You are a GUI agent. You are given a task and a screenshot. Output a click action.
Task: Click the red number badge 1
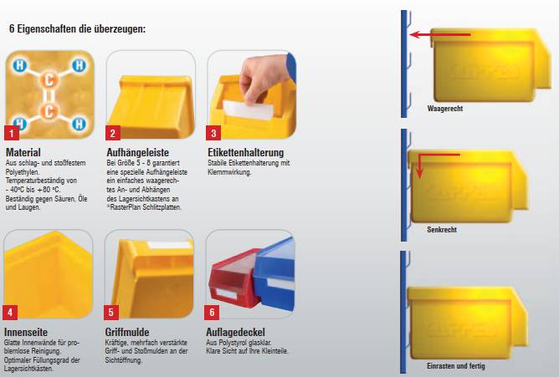click(12, 133)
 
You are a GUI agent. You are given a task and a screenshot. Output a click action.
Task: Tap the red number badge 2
click(113, 133)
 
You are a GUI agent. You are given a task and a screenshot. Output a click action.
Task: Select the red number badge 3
click(213, 133)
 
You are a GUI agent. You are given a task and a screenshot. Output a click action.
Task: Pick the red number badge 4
click(10, 312)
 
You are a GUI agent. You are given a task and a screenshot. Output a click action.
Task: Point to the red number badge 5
click(110, 312)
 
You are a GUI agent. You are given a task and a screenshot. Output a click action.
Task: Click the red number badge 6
click(212, 312)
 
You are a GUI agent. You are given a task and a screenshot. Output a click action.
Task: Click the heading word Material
click(23, 152)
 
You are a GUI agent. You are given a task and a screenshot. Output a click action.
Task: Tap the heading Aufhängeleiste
click(137, 152)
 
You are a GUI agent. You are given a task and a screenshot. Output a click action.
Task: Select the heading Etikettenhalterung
click(246, 152)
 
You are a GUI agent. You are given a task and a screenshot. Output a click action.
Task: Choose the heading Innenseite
click(26, 332)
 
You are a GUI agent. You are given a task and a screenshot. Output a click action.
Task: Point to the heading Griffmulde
click(127, 332)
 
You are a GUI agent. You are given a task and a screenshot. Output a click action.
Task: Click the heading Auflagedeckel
click(235, 332)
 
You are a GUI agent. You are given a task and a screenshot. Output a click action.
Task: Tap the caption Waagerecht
click(445, 108)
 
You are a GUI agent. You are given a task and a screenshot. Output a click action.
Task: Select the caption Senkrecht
click(442, 230)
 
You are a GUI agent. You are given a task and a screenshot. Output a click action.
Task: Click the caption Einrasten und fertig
click(455, 365)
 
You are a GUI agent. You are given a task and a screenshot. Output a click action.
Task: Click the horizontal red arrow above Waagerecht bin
click(440, 34)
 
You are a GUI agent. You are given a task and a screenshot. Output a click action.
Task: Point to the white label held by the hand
click(248, 110)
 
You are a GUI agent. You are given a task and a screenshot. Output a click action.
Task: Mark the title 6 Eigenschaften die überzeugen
click(77, 28)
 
